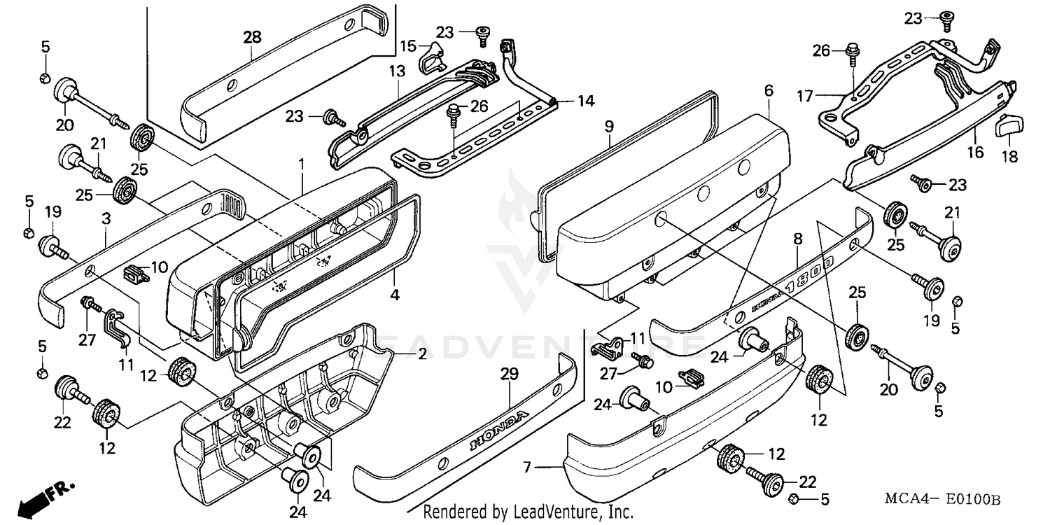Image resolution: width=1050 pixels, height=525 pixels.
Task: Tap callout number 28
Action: [251, 36]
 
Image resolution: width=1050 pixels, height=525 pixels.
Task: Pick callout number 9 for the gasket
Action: [608, 127]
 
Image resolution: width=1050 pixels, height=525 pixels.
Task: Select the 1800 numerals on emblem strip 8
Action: [811, 274]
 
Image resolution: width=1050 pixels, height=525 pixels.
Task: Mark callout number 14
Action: [585, 101]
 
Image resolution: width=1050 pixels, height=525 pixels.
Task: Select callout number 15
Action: [408, 46]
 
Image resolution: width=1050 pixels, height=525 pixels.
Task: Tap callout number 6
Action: [769, 90]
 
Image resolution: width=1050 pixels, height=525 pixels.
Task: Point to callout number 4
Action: [395, 295]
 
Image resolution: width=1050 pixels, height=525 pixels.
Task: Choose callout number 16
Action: [976, 153]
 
